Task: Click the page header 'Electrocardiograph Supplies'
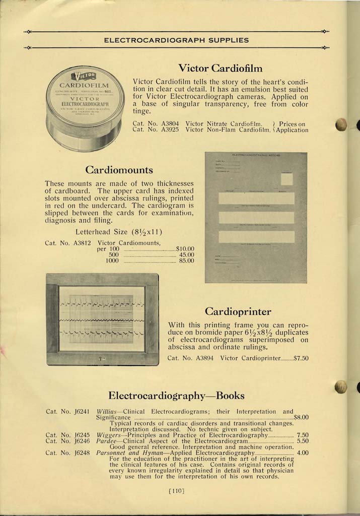pos(176,40)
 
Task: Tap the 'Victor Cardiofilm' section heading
pos(220,68)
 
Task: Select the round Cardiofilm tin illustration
pos(85,107)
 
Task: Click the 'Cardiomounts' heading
pos(119,169)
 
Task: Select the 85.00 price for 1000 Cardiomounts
pos(186,261)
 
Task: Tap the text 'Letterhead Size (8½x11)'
pos(118,232)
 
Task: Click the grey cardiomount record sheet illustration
pos(256,217)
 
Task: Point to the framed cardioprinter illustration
pos(102,319)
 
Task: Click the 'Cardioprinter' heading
pos(238,311)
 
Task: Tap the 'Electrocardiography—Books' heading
pos(176,395)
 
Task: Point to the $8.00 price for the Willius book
pos(301,417)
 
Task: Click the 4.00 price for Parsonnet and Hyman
pos(302,453)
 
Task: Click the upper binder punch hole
pos(341,124)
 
